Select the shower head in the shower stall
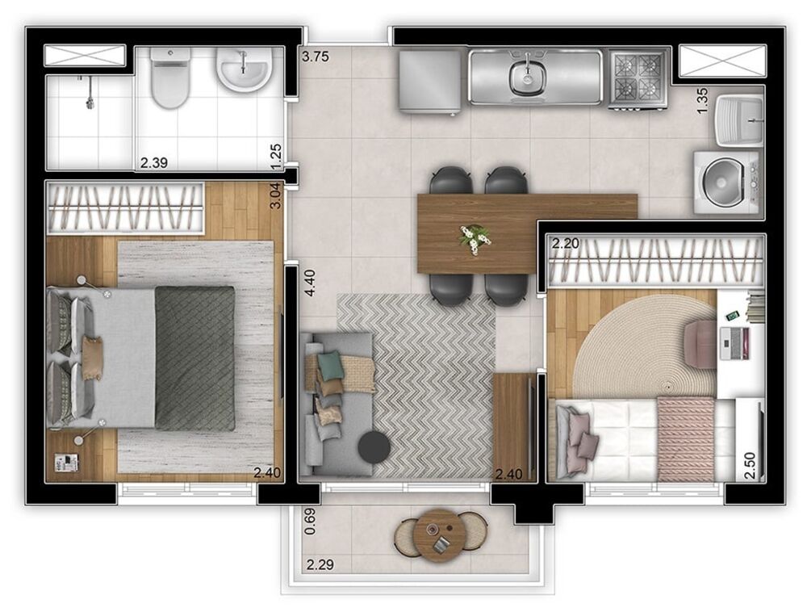point(90,102)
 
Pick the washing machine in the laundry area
point(725,182)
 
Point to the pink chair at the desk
point(700,339)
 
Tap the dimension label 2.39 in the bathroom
point(153,163)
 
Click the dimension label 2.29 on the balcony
point(320,564)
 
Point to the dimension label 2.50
point(751,466)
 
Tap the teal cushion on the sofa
point(329,366)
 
